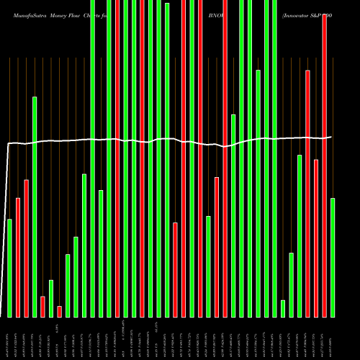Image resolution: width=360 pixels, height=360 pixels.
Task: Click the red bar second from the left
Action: point(18,257)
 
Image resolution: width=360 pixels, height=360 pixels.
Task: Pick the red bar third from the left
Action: point(27,248)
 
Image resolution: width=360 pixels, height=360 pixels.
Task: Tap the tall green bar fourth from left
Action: point(35,207)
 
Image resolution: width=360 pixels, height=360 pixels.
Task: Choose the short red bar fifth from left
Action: point(42,306)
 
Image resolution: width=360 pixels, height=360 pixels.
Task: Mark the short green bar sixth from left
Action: point(51,298)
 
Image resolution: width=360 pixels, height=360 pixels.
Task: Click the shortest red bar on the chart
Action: point(59,311)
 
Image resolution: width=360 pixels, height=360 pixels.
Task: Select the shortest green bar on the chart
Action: point(283,308)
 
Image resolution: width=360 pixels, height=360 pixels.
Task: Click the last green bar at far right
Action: point(333,257)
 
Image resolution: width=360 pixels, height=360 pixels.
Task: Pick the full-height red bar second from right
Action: point(324,166)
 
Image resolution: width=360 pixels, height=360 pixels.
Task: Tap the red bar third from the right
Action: point(316,238)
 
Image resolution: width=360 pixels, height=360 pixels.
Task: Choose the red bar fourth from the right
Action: point(307,193)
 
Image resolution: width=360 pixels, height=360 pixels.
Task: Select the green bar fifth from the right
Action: point(300,235)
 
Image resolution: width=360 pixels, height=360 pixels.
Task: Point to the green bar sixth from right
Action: point(292,284)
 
